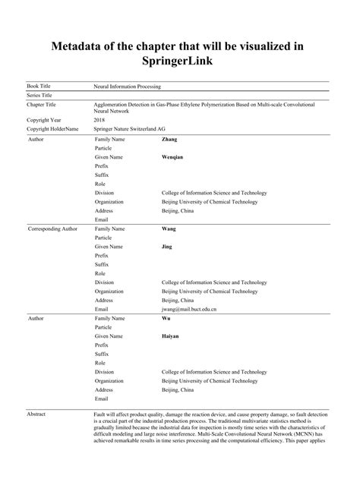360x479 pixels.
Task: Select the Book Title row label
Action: pyautogui.click(x=40, y=87)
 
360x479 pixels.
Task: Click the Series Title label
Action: pyautogui.click(x=41, y=96)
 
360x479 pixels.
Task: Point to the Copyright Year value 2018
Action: pyautogui.click(x=99, y=120)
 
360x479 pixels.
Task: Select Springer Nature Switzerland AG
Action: pyautogui.click(x=133, y=129)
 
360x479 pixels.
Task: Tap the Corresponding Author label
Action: pyautogui.click(x=52, y=228)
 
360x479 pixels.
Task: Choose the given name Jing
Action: pyautogui.click(x=169, y=246)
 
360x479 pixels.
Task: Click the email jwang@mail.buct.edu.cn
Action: pyautogui.click(x=189, y=309)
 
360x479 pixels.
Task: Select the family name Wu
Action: pyautogui.click(x=166, y=318)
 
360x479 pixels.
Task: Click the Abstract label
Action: pyautogui.click(x=37, y=414)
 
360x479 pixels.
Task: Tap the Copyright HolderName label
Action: pyautogui.click(x=52, y=129)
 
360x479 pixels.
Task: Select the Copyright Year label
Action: pyautogui.click(x=44, y=120)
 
